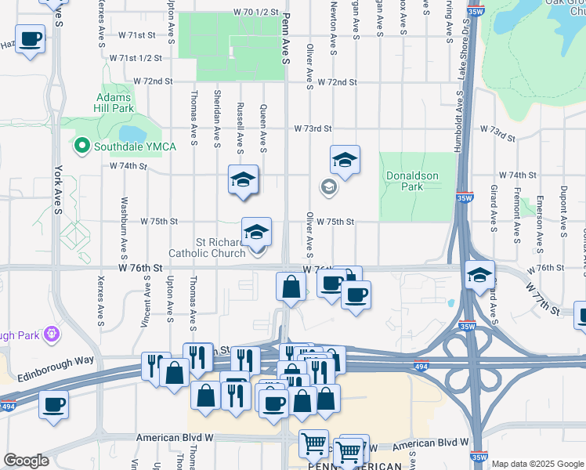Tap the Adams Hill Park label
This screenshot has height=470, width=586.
(x=116, y=103)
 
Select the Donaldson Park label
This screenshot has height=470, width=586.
(x=412, y=182)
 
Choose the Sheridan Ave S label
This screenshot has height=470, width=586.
(x=217, y=118)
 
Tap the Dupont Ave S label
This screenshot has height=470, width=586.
(x=563, y=211)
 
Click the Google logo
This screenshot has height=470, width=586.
(x=26, y=461)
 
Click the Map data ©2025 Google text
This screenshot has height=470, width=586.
(x=537, y=464)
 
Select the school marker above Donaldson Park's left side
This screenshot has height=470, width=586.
(x=344, y=161)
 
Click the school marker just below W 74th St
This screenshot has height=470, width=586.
(x=243, y=180)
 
